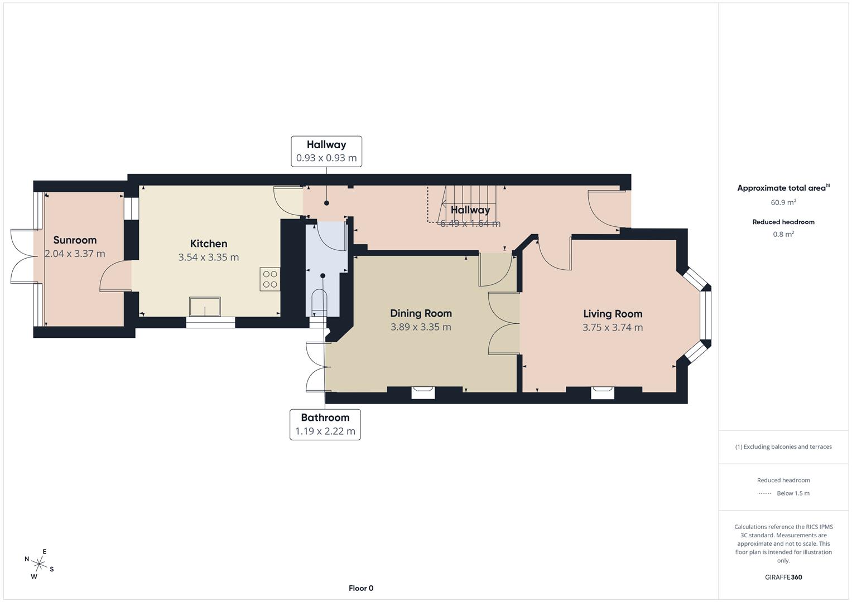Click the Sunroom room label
(x=75, y=240)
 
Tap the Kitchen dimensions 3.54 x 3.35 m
(x=209, y=258)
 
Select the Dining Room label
(x=421, y=313)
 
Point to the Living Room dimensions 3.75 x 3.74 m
(x=613, y=328)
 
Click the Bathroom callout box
(x=325, y=424)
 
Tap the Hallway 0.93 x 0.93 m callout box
(x=326, y=151)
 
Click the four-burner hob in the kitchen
(x=270, y=279)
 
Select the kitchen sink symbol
(x=205, y=307)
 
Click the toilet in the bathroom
(x=319, y=301)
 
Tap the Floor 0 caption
(x=361, y=588)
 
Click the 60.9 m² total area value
(x=783, y=202)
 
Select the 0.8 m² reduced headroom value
(x=783, y=234)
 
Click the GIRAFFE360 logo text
(x=783, y=577)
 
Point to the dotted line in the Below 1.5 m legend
(x=765, y=493)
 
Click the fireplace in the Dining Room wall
(x=423, y=393)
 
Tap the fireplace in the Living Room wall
(x=603, y=393)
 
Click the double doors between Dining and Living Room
(x=504, y=324)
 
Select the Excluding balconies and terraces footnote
(x=783, y=446)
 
